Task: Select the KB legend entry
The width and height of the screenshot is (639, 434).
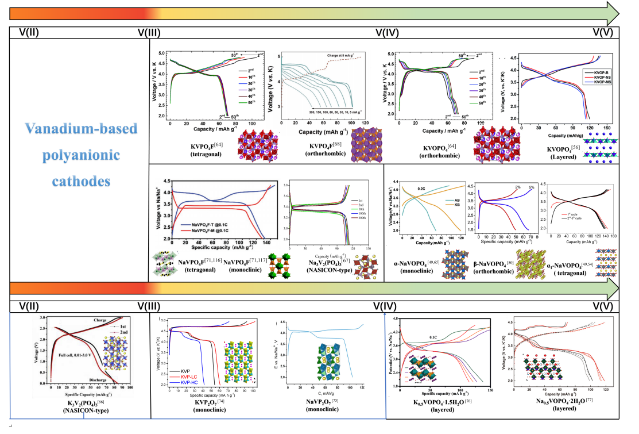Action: click(x=451, y=203)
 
